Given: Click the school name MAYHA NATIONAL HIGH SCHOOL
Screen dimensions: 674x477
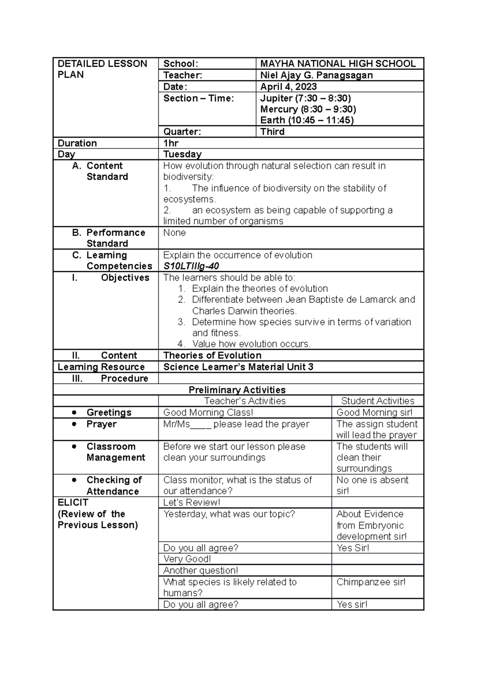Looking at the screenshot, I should pyautogui.click(x=337, y=64).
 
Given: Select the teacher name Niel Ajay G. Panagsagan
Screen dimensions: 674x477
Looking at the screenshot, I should pyautogui.click(x=316, y=75).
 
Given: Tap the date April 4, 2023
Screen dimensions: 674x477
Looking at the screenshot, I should pyautogui.click(x=288, y=87).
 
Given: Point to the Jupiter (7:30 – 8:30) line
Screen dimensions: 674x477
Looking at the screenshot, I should pyautogui.click(x=305, y=98).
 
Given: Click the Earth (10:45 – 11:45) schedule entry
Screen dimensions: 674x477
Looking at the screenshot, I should pyautogui.click(x=306, y=120).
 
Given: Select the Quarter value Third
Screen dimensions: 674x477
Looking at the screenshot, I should pyautogui.click(x=272, y=132).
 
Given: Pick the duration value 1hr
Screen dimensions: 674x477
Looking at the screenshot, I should pyautogui.click(x=171, y=143).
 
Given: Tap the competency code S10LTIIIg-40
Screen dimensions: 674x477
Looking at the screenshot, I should pyautogui.click(x=191, y=266).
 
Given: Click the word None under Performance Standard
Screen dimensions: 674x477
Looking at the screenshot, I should pyautogui.click(x=175, y=233).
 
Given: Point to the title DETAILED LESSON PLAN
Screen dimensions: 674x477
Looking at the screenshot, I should pyautogui.click(x=102, y=69).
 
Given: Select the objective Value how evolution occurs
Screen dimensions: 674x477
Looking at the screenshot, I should pyautogui.click(x=251, y=344).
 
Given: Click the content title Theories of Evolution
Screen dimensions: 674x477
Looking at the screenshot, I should pyautogui.click(x=212, y=355).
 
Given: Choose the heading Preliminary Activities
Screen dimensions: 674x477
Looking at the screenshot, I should pyautogui.click(x=237, y=390).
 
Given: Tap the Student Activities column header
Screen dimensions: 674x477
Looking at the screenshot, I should pyautogui.click(x=377, y=401).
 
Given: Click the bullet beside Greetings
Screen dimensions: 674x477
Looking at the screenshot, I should pyautogui.click(x=74, y=412).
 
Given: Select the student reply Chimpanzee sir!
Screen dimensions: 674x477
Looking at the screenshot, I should pyautogui.click(x=370, y=582).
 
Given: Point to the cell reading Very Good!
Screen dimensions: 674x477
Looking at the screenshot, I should pyautogui.click(x=187, y=559).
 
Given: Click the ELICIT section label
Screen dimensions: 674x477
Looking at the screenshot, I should pyautogui.click(x=73, y=503).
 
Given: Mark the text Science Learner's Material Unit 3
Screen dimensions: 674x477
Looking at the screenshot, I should pyautogui.click(x=238, y=367).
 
